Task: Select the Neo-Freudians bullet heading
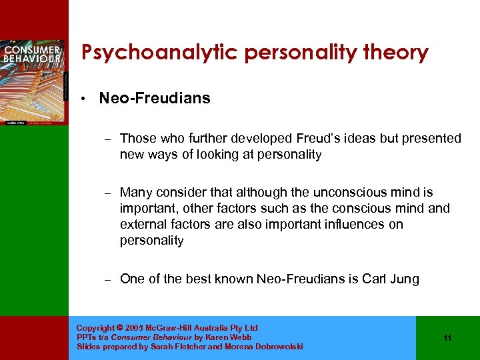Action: coord(155,99)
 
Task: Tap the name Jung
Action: coord(404,279)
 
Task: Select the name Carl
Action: coord(373,279)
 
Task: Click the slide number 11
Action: coord(447,338)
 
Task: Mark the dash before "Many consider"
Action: coord(107,193)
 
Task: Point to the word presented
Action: coord(427,139)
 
